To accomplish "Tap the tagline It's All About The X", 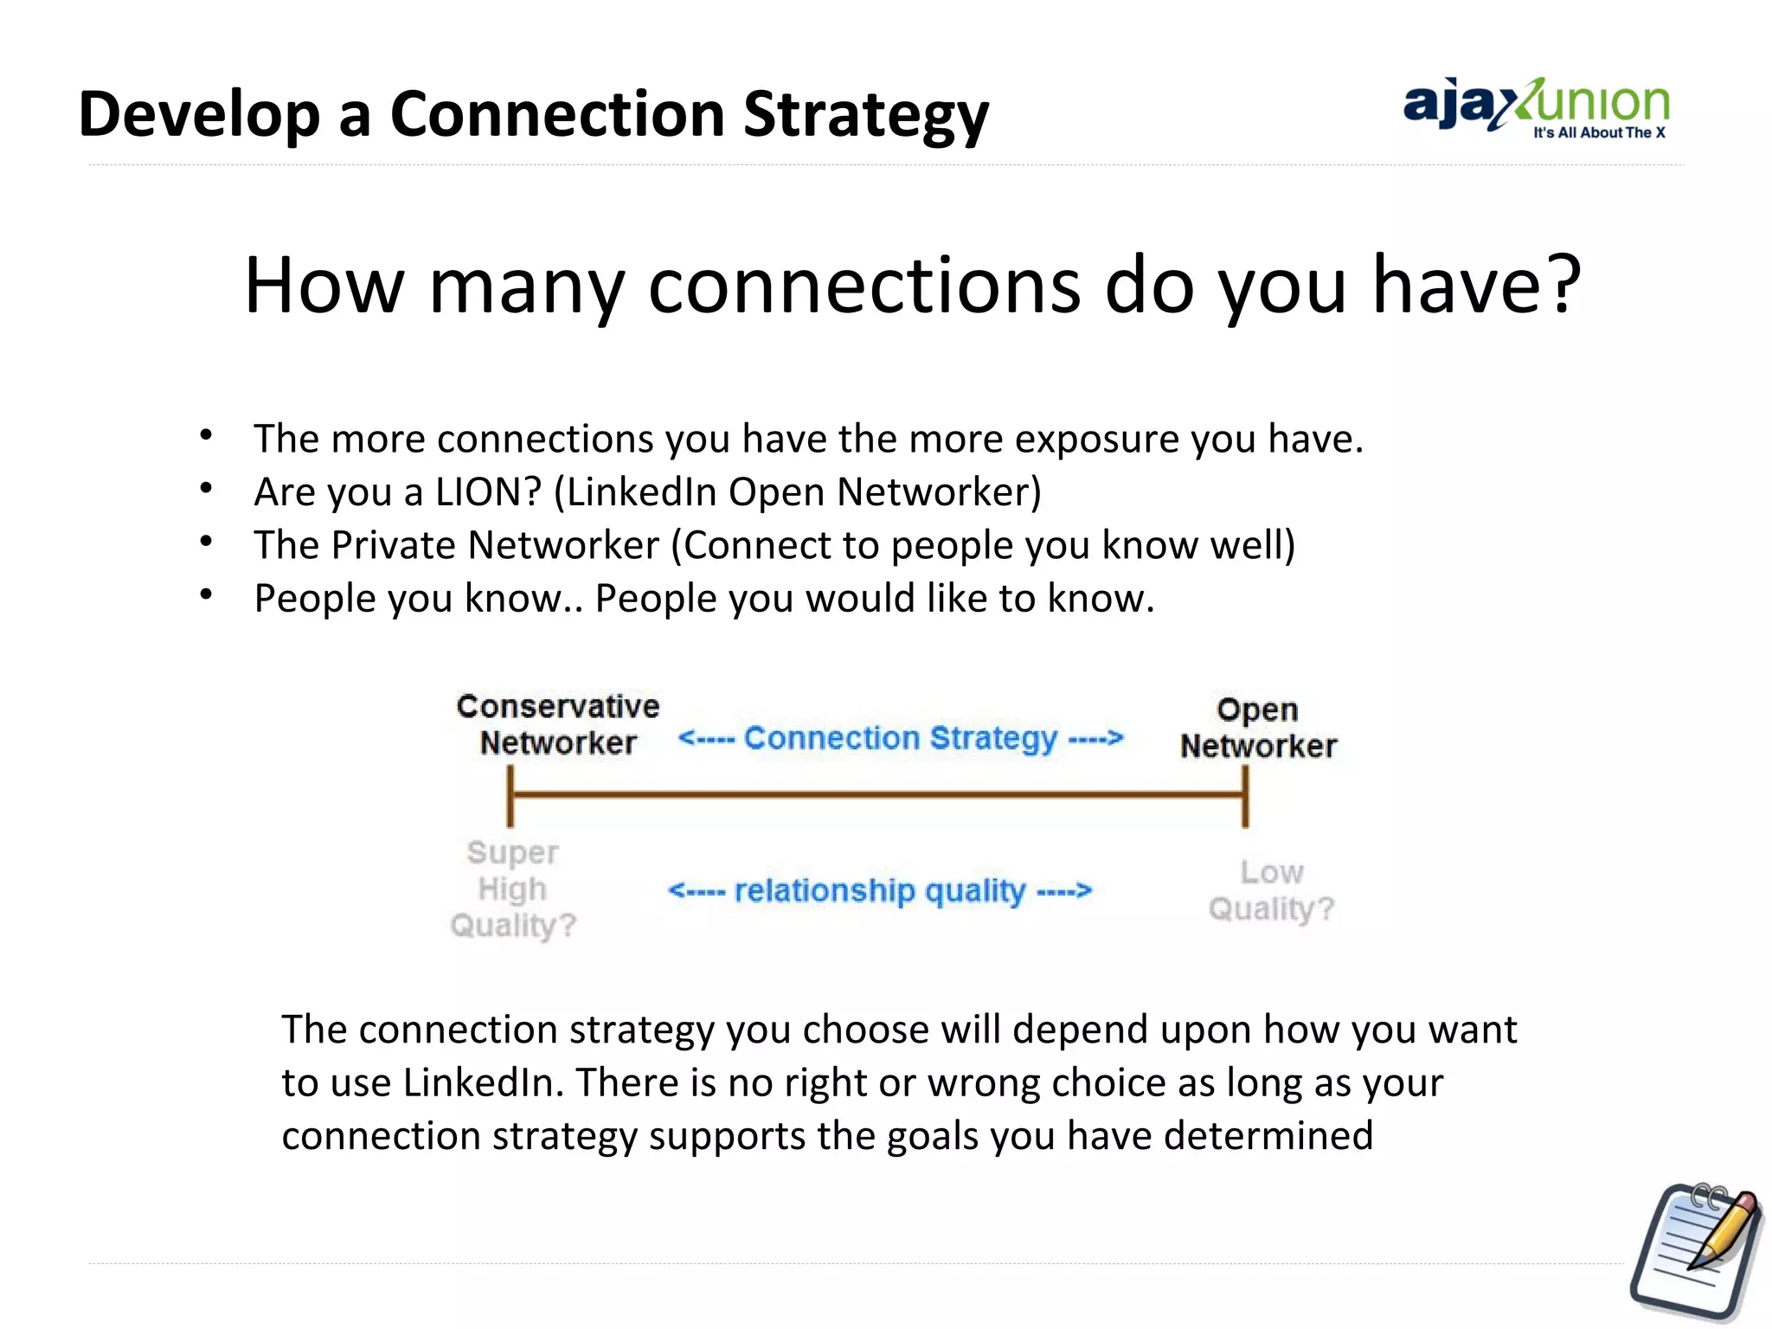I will click(1599, 133).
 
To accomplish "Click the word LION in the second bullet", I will click(488, 491).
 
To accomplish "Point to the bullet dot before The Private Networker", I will click(206, 543).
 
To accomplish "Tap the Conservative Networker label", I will click(558, 725).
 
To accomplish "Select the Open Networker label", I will click(1258, 728).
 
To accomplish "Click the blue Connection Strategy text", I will click(900, 738).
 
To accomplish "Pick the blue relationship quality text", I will click(879, 890).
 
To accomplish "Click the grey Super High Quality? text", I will click(513, 889).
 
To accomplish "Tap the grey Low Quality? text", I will click(1271, 890).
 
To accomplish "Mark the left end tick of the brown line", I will click(510, 795).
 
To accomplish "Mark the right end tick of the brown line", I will click(1245, 795).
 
